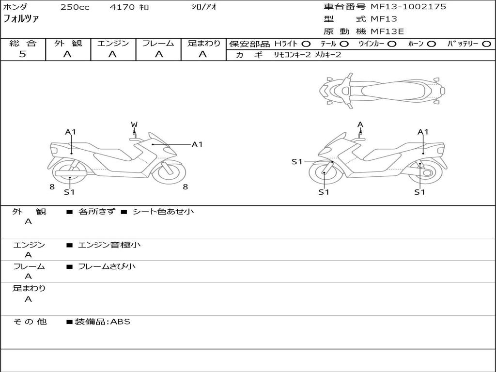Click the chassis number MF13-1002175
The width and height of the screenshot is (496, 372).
pyautogui.click(x=408, y=7)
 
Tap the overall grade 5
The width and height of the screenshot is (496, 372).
pyautogui.click(x=22, y=54)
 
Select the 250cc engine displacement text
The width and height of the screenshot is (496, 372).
pyautogui.click(x=75, y=7)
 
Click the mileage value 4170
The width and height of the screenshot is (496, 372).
pyautogui.click(x=122, y=7)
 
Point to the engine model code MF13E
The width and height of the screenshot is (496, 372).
pyautogui.click(x=387, y=31)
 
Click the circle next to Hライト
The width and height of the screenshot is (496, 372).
pyautogui.click(x=306, y=44)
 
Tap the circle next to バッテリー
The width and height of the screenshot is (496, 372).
pyautogui.click(x=486, y=44)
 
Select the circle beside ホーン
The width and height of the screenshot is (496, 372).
pyautogui.click(x=431, y=44)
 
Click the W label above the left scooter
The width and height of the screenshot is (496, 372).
pyautogui.click(x=134, y=124)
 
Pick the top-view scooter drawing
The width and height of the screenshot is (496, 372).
pyautogui.click(x=382, y=91)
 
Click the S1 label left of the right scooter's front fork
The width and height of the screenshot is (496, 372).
pyautogui.click(x=297, y=162)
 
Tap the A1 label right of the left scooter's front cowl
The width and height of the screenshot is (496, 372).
pyautogui.click(x=197, y=144)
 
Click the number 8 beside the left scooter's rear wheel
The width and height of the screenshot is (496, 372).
pyautogui.click(x=52, y=187)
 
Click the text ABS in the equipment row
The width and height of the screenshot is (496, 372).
pyautogui.click(x=120, y=322)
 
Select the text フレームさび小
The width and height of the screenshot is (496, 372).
pyautogui.click(x=107, y=267)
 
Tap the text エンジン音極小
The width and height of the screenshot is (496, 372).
pyautogui.click(x=109, y=245)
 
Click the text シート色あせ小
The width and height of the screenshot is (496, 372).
pyautogui.click(x=163, y=211)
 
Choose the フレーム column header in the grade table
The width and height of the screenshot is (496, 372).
pyautogui.click(x=158, y=43)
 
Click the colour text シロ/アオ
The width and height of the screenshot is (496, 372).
pyautogui.click(x=204, y=7)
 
